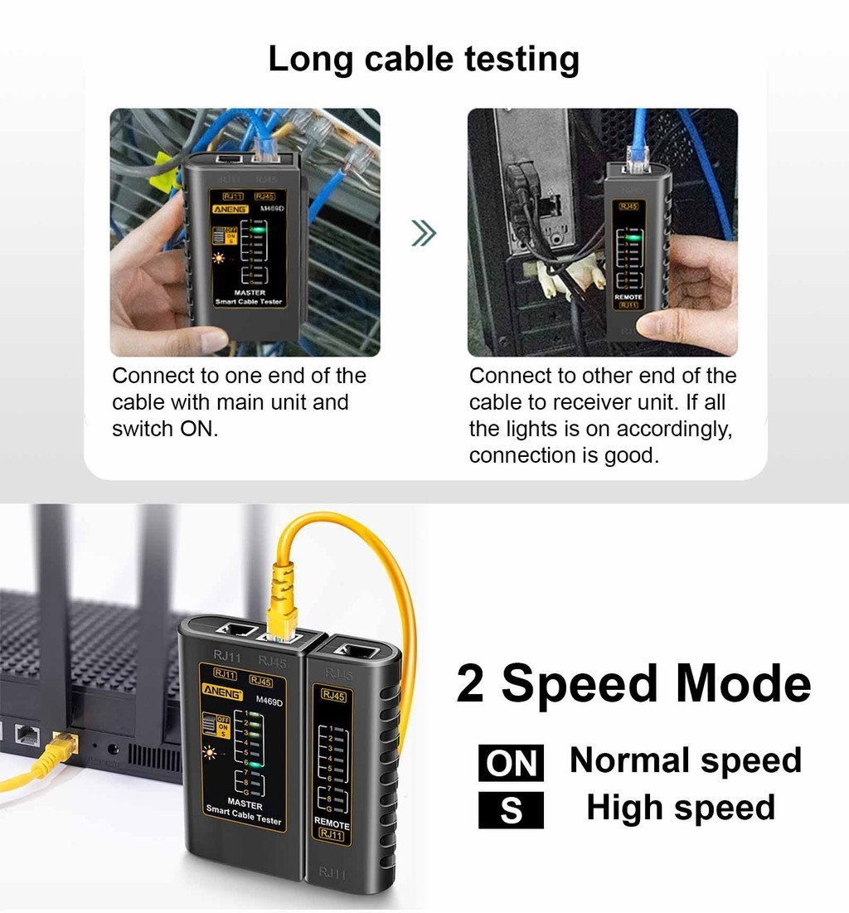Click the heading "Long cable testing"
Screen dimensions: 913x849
point(424,61)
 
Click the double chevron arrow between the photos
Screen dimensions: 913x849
point(424,235)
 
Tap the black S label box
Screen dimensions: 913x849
point(511,810)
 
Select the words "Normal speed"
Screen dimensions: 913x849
point(685,760)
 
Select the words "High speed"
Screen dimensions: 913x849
point(680,808)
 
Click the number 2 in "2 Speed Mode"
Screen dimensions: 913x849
point(470,685)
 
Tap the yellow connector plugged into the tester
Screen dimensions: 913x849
point(280,595)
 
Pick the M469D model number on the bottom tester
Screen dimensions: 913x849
point(269,701)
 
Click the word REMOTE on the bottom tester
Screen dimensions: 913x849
point(332,823)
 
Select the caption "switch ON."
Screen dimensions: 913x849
point(165,430)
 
